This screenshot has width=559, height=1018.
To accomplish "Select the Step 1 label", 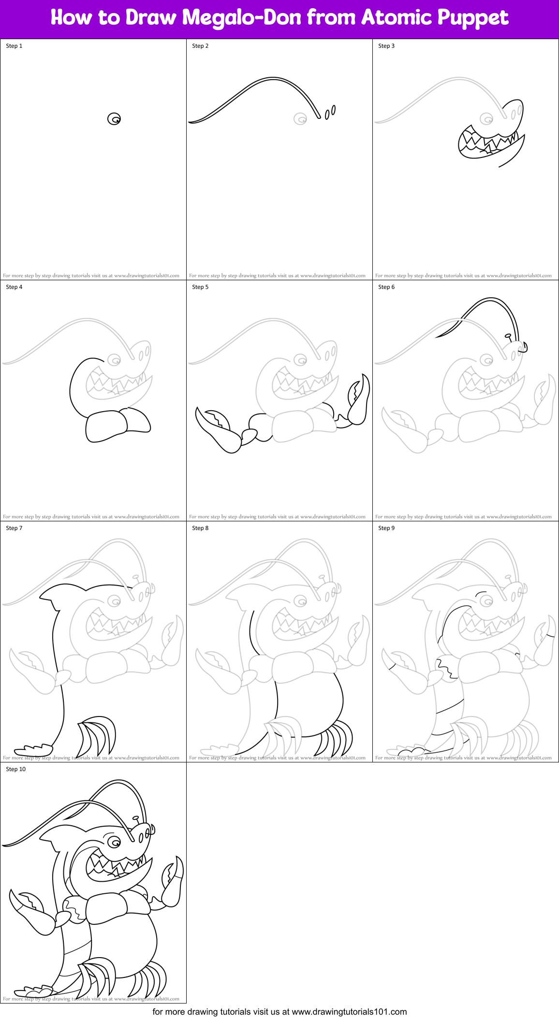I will (x=14, y=46).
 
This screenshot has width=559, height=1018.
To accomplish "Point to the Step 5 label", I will (x=200, y=287).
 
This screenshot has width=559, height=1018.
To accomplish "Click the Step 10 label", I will (x=15, y=769).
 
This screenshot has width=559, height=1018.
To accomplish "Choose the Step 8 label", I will (x=200, y=528).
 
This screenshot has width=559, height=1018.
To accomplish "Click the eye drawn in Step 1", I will (x=114, y=118).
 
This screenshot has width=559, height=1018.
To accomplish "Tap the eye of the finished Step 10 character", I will (x=114, y=843).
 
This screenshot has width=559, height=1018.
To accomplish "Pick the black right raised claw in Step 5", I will (x=359, y=399).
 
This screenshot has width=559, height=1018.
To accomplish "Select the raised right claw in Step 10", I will (x=173, y=882).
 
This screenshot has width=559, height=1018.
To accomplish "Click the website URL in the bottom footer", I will (x=349, y=1011).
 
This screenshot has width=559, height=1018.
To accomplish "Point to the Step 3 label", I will (x=386, y=46).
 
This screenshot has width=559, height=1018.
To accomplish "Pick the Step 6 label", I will (x=386, y=287).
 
